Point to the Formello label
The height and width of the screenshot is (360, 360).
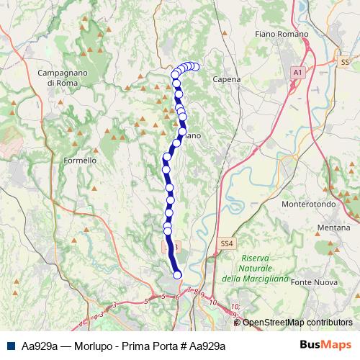pyautogui.click(x=80, y=160)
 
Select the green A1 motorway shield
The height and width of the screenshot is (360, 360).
pyautogui.click(x=298, y=73)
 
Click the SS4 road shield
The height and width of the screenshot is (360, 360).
pyautogui.click(x=227, y=244)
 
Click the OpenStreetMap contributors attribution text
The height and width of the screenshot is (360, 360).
pyautogui.click(x=297, y=322)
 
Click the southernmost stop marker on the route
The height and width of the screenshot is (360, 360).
pyautogui.click(x=177, y=274)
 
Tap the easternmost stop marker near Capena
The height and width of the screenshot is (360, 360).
pyautogui.click(x=195, y=66)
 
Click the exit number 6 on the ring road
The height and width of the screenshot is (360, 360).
pyautogui.click(x=176, y=297)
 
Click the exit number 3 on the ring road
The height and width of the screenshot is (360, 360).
pyautogui.click(x=103, y=314)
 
